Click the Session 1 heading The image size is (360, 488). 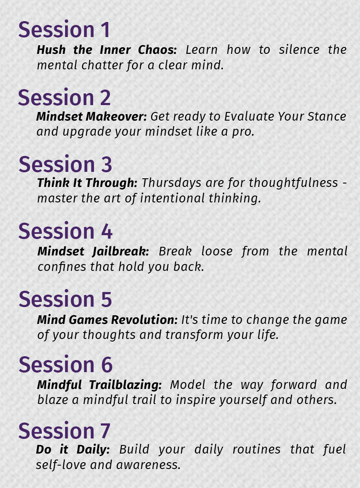point(64,30)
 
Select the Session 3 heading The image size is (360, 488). point(65,164)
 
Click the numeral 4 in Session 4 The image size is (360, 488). point(106,231)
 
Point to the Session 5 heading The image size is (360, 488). point(65,299)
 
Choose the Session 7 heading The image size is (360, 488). point(64,431)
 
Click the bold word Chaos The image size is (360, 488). point(157,50)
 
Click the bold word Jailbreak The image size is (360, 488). point(121,252)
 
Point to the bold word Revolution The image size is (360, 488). point(144,320)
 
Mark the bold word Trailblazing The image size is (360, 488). point(125,385)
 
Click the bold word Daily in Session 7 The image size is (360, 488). point(93,450)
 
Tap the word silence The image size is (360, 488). point(299,50)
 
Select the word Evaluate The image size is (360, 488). point(249,116)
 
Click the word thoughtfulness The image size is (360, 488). point(293,183)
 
